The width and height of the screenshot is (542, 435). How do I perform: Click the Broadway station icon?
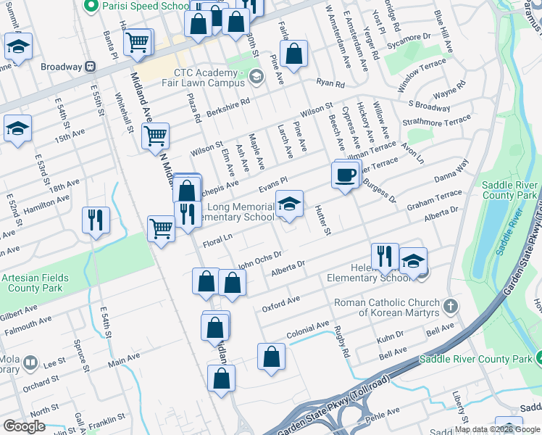(x=91, y=67)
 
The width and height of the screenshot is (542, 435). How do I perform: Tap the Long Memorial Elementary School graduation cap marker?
(x=289, y=206)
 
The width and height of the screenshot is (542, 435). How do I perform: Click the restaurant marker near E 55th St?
(x=96, y=220)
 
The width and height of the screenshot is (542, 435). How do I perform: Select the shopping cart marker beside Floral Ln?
(x=161, y=229)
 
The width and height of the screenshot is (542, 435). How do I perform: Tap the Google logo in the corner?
(x=24, y=426)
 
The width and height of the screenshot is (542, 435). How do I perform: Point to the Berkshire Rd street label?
(x=228, y=105)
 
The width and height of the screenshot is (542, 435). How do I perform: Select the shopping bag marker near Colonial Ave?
(x=271, y=357)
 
